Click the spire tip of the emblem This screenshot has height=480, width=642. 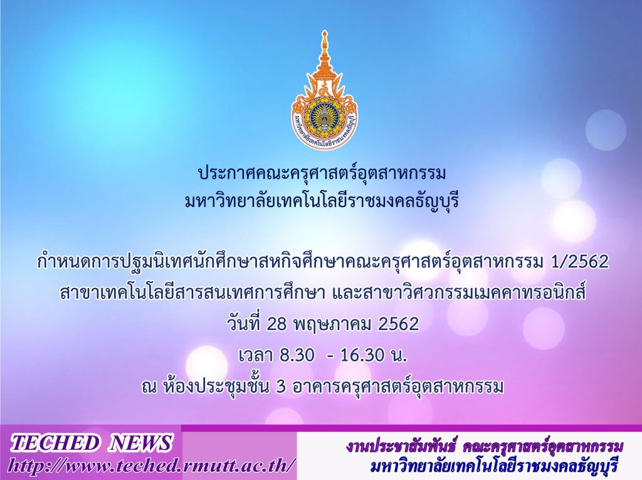324,31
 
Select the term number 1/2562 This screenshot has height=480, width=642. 577,262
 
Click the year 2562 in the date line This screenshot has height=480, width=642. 398,324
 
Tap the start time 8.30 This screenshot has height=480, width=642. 297,355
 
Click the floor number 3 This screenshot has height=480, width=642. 280,387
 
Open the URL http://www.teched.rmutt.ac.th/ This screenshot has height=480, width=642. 151,466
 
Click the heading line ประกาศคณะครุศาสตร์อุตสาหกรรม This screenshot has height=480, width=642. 322,173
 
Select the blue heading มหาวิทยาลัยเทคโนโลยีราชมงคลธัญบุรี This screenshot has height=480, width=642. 322,201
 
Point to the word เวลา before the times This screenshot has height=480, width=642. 256,355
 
